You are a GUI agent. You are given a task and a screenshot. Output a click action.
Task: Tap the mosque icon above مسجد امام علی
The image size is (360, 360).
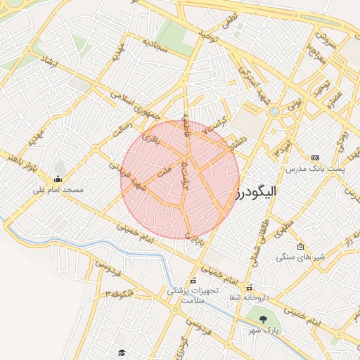coord(58,179)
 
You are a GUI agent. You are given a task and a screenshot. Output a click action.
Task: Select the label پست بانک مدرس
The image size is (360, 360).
coord(312,169)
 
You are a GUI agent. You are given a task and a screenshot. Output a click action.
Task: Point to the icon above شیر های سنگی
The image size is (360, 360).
coord(301,247)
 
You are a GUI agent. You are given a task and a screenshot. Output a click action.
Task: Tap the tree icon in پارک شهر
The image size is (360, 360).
coord(263,319)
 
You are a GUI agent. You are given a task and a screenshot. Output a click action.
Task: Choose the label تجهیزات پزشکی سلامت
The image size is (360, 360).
coord(193,295)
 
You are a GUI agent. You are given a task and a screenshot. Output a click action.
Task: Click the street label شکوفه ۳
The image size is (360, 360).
coord(120,294)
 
